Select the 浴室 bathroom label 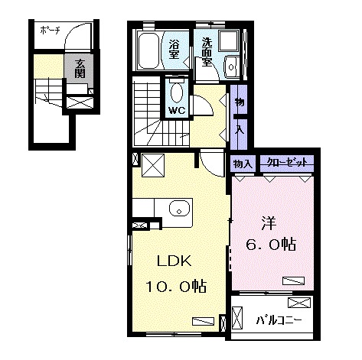(x=174, y=50)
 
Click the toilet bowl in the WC (x=177, y=93)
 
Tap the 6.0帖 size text (x=272, y=245)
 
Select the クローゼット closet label (x=287, y=162)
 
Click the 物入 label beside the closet (x=243, y=163)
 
